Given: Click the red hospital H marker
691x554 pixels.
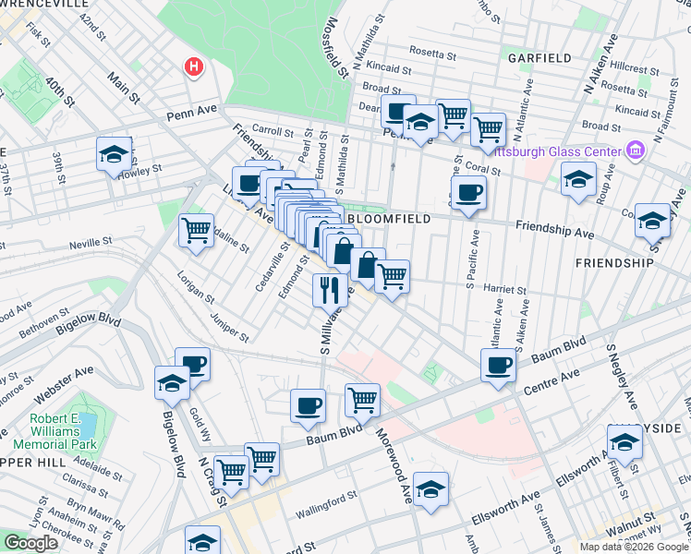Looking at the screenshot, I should [x=194, y=66].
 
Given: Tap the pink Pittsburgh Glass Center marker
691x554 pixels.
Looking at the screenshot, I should [x=635, y=149].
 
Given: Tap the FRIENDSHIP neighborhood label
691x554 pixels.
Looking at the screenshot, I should [x=613, y=263].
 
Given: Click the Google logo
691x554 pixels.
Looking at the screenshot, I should [x=31, y=543].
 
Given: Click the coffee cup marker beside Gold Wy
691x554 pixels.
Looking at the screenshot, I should [x=192, y=364].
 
